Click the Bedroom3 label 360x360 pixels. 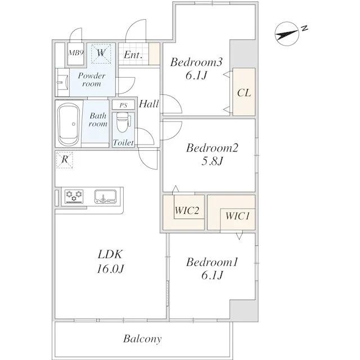(196, 62)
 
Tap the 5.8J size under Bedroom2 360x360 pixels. (212, 161)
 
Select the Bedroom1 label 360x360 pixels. (213, 263)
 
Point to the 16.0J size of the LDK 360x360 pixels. (110, 269)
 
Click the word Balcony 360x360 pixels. (142, 339)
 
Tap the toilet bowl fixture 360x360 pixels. (123, 123)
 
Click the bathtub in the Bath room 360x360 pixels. (69, 124)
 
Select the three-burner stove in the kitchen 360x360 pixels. (74, 196)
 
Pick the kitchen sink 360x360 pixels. (106, 196)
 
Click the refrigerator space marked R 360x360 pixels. (65, 159)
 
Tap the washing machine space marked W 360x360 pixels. (101, 53)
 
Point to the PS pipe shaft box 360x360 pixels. (123, 105)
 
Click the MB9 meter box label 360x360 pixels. (76, 53)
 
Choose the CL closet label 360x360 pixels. (244, 93)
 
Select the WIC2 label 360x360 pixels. (187, 210)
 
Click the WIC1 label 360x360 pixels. (237, 216)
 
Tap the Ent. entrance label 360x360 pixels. (133, 55)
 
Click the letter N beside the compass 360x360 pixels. (304, 29)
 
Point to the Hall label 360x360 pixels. (148, 104)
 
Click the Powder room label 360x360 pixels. (92, 79)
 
